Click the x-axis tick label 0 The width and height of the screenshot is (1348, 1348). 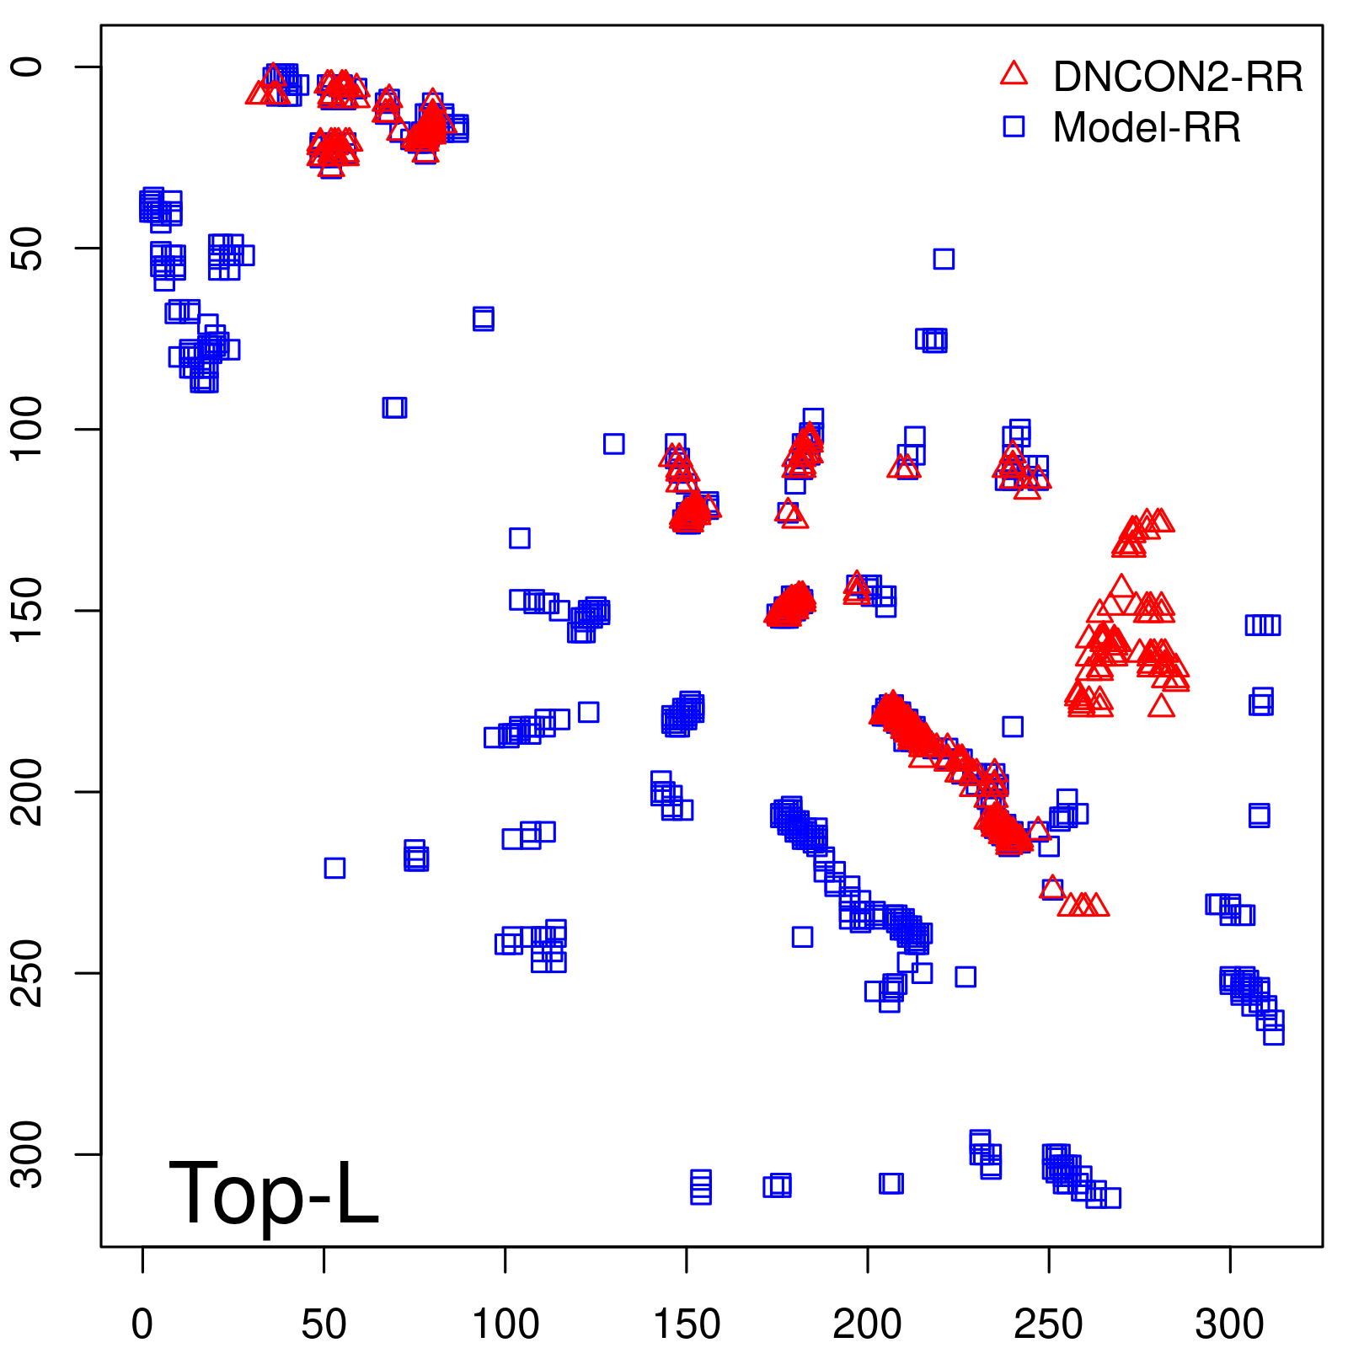tap(142, 1324)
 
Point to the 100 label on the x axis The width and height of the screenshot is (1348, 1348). tap(505, 1324)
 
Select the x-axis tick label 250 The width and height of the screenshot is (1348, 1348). tap(1048, 1324)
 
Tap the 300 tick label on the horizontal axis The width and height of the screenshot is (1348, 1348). tap(1229, 1324)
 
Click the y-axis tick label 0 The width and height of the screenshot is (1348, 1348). tap(29, 67)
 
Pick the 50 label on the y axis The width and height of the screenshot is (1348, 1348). tap(29, 248)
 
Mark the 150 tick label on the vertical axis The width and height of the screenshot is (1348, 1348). tap(29, 610)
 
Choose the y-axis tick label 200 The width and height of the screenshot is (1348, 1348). tap(29, 791)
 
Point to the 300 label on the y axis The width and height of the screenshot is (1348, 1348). tap(29, 1153)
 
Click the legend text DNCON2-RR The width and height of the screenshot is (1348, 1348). tap(1178, 77)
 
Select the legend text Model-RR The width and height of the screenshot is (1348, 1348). tap(1147, 127)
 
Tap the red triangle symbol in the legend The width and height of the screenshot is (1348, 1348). tap(1014, 74)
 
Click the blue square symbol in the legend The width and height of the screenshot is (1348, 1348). tap(1014, 126)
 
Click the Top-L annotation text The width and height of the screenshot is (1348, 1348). tap(274, 1192)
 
